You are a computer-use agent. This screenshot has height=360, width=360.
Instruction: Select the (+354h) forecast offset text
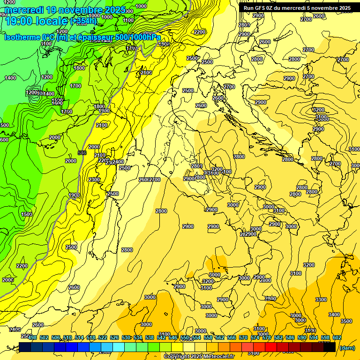(83, 21)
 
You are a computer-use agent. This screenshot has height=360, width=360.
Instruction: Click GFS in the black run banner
(263, 8)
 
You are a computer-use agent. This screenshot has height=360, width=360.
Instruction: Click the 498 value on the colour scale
(32, 337)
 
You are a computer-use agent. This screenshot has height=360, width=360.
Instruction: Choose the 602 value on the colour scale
(337, 337)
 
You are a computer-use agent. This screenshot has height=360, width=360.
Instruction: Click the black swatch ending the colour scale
(329, 347)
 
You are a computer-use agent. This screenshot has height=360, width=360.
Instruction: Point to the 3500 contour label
(346, 321)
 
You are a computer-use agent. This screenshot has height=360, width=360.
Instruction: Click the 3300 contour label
(321, 299)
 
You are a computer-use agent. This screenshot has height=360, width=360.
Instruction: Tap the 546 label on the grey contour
(82, 153)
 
